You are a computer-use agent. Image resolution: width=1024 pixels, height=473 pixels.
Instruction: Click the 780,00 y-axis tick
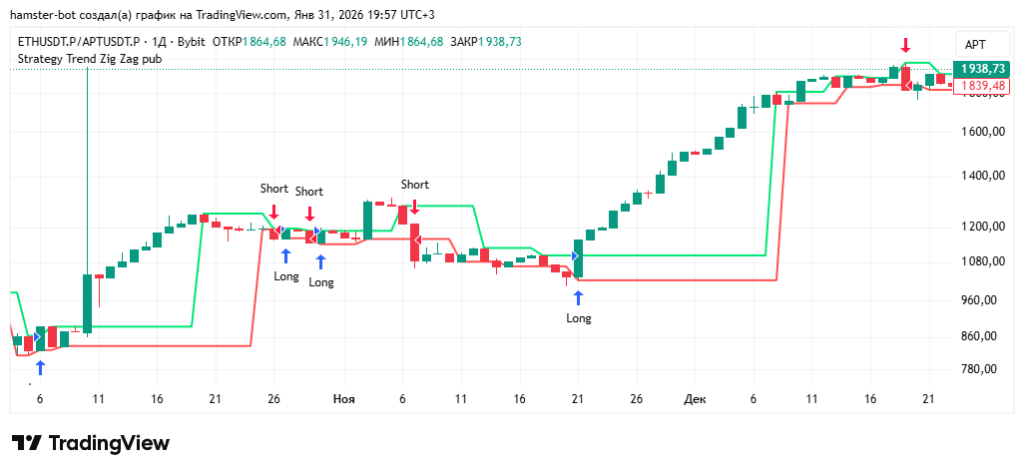tap(979, 369)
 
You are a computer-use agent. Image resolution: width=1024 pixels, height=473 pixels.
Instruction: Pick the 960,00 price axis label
tap(979, 300)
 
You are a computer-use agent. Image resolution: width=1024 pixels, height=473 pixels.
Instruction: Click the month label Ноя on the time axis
tap(343, 399)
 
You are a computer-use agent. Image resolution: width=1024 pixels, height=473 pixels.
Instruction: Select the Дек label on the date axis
tap(695, 399)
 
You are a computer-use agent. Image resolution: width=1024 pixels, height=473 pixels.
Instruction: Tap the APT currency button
tap(974, 44)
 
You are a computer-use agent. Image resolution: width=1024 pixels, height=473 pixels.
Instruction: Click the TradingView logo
tap(90, 443)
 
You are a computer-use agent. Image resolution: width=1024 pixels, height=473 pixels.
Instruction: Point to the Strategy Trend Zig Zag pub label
tap(90, 59)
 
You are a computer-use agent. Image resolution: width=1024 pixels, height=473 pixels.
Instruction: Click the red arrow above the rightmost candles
tap(905, 46)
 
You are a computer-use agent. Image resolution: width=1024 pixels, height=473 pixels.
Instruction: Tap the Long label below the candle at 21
tap(579, 318)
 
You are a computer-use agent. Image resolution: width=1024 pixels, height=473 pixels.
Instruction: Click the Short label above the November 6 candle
tap(414, 185)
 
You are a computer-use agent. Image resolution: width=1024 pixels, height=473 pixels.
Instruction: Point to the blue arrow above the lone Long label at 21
tap(579, 297)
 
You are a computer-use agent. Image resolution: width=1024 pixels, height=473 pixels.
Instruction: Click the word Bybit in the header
tap(188, 41)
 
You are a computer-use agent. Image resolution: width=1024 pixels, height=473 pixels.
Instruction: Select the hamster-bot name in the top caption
tap(40, 12)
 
